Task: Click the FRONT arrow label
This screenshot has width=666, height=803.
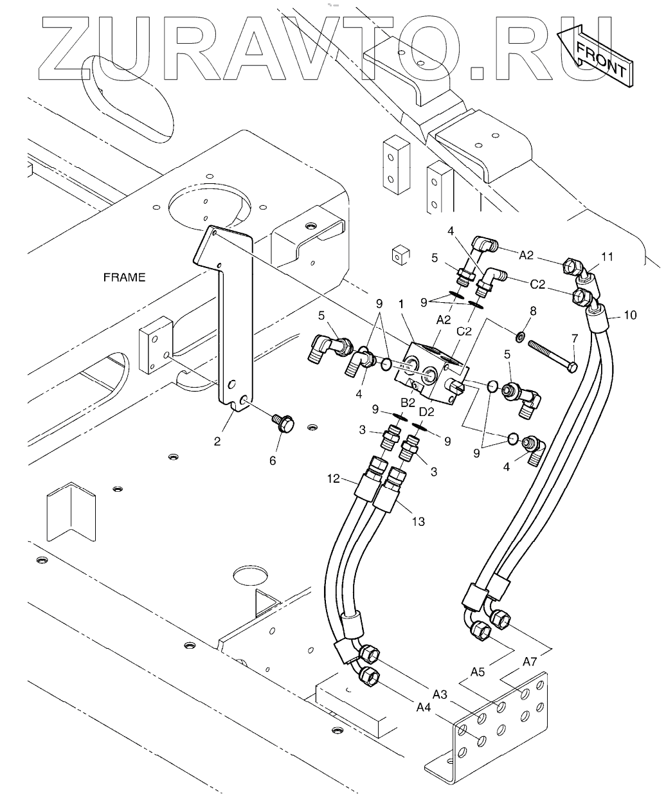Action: (x=600, y=58)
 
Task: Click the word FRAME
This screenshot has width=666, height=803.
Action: (x=124, y=278)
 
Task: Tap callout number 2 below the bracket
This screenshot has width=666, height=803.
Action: (x=217, y=441)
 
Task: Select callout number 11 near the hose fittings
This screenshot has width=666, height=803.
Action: (x=607, y=257)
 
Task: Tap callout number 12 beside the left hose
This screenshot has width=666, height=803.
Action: (x=333, y=478)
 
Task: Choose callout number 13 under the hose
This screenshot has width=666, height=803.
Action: (x=418, y=521)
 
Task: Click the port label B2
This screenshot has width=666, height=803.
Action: (x=408, y=402)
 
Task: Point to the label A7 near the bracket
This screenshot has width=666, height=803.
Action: (x=530, y=661)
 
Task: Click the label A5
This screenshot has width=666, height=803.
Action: (x=478, y=672)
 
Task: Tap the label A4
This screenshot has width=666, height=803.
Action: (x=423, y=707)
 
